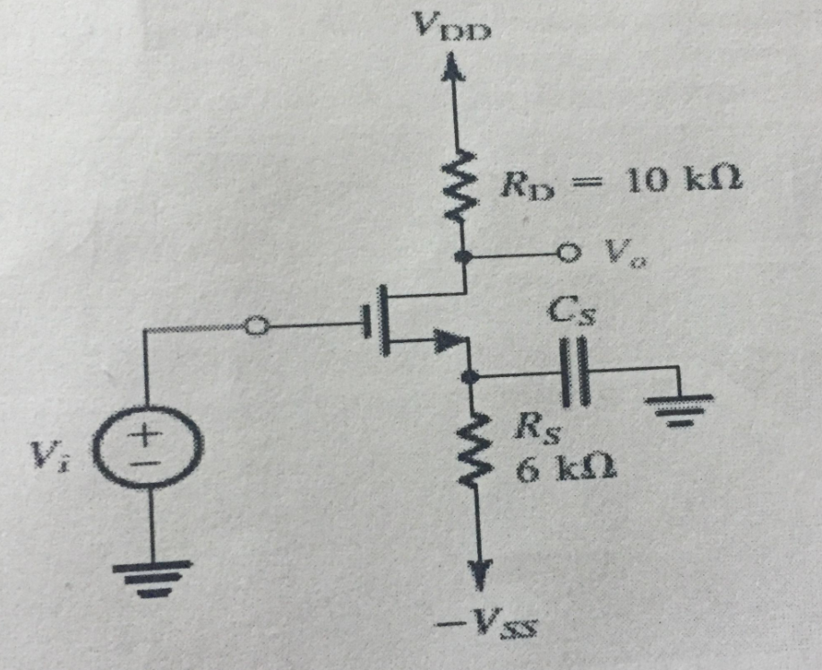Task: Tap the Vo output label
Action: [x=622, y=256]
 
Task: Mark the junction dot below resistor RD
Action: [x=464, y=258]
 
